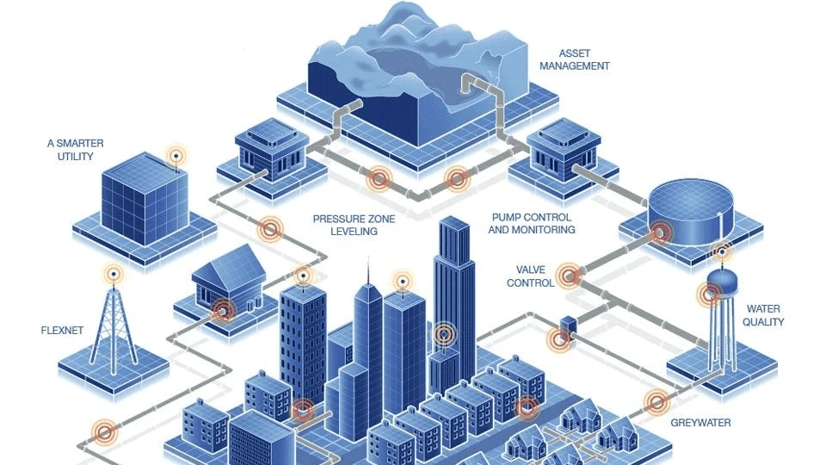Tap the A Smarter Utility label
point(76,150)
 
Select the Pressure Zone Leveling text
point(344,225)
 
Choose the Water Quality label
point(765,315)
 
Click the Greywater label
point(700,423)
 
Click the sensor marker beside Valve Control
point(569,276)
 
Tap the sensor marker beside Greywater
point(657,401)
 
